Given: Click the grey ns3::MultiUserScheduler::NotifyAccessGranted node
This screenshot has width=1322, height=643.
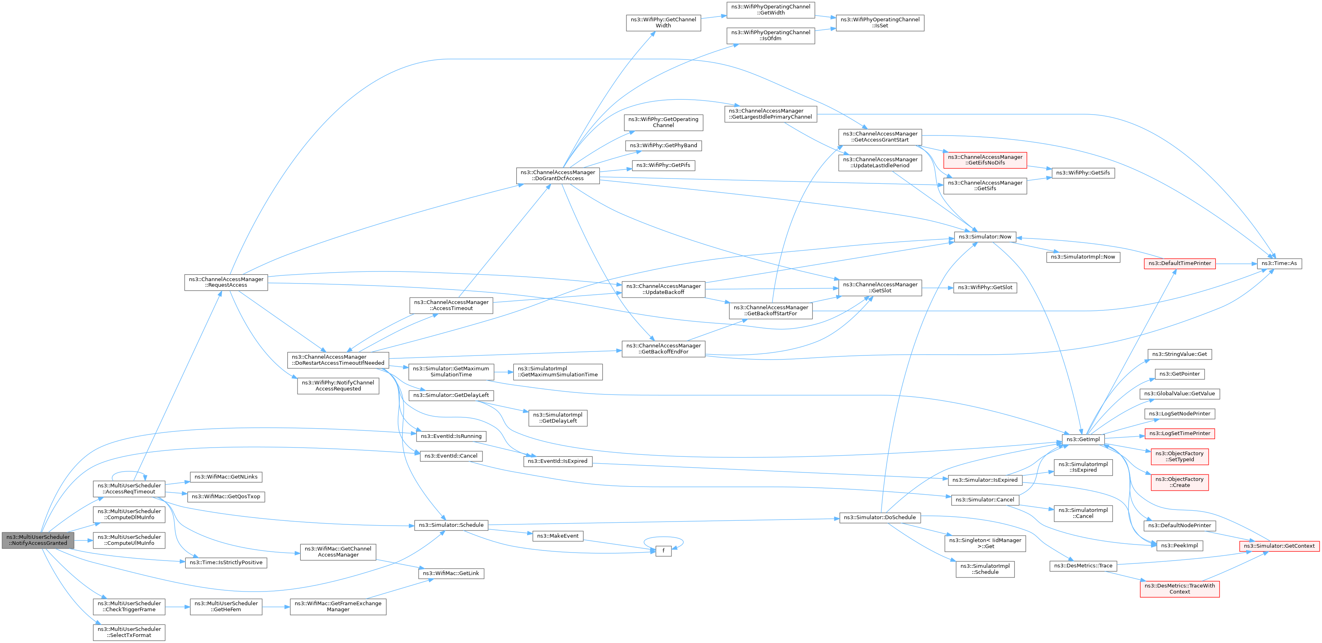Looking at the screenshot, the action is tap(38, 540).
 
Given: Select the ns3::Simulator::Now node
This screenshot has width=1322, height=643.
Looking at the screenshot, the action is tap(985, 236).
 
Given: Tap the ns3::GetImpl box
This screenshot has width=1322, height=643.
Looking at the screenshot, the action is tap(1083, 439).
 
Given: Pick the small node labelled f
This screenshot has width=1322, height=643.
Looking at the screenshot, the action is tap(663, 551).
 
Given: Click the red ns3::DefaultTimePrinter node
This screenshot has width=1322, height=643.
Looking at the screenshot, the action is tap(1179, 263).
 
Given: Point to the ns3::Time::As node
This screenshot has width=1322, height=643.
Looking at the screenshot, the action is tap(1279, 263).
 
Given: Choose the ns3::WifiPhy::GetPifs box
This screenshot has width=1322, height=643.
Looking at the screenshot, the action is tap(663, 165).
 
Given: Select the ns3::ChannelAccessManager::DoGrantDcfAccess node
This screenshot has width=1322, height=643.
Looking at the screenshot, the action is tap(557, 175).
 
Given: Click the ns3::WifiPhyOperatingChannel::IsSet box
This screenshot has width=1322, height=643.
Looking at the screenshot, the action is tap(880, 23).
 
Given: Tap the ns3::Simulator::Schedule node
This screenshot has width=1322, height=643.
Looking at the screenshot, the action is tap(451, 525).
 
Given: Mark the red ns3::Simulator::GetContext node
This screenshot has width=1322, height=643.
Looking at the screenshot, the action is tap(1279, 546).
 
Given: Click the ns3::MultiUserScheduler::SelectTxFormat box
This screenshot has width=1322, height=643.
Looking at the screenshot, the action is tap(129, 632).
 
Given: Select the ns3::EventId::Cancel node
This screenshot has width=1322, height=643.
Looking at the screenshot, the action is tap(451, 456).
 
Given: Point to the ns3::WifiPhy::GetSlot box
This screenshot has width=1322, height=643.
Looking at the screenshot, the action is tap(985, 288).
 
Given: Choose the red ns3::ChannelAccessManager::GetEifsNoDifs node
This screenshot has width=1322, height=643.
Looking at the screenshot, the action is tap(985, 160).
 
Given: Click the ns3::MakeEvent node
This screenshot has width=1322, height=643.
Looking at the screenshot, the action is tap(557, 536).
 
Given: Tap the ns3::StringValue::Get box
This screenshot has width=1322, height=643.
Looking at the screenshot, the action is tap(1179, 354).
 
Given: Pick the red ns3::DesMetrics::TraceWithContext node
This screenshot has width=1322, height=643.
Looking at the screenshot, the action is tap(1179, 589).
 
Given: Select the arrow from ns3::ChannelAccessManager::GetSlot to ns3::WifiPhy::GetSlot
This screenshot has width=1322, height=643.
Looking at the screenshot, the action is tap(938, 288).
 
